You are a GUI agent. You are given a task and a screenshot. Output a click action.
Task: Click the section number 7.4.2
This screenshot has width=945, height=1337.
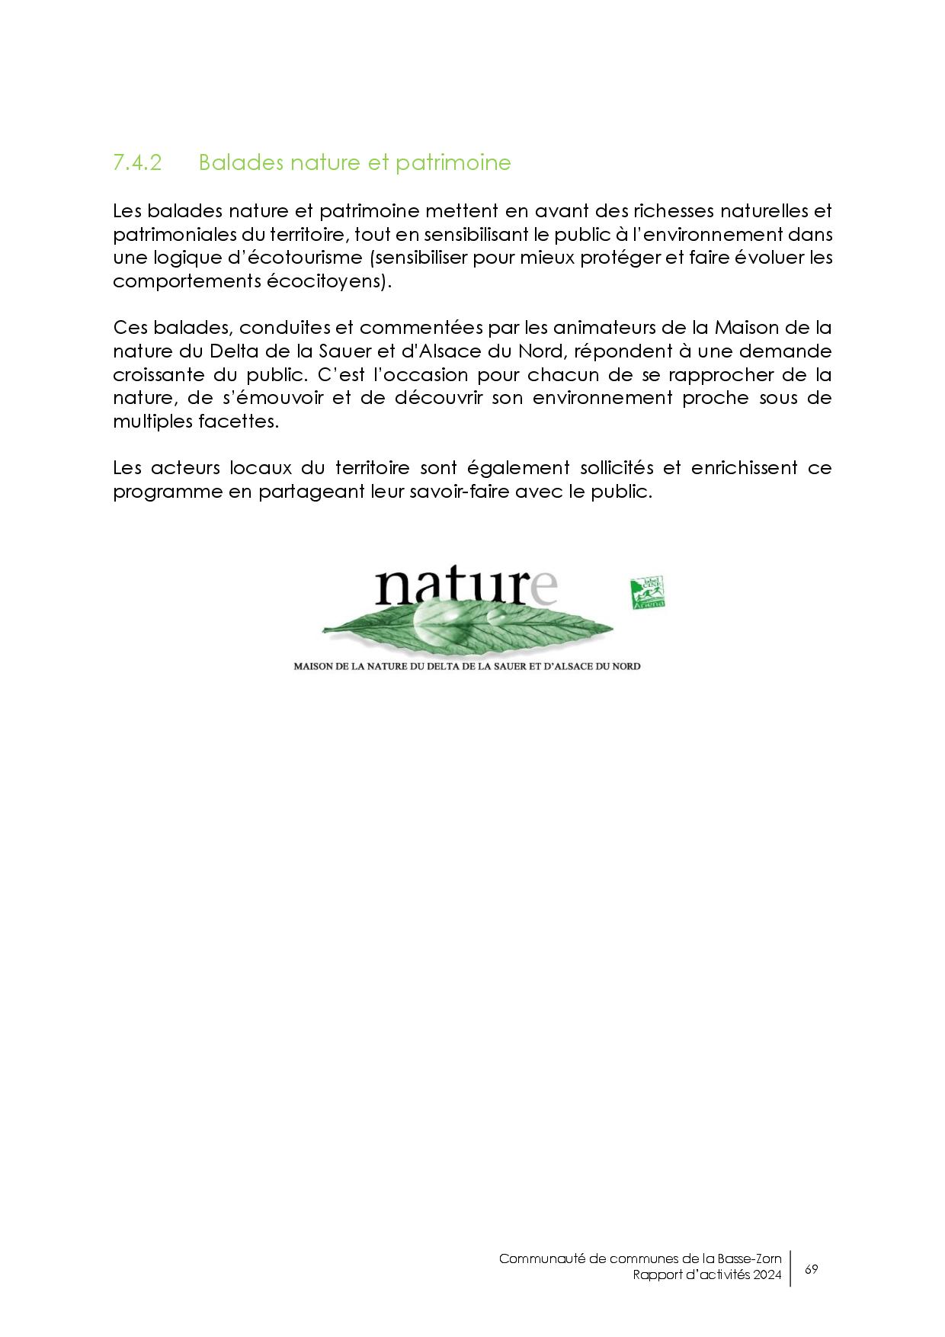coord(137,163)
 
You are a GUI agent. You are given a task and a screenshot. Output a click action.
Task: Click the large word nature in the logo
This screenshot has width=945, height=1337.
coord(466,587)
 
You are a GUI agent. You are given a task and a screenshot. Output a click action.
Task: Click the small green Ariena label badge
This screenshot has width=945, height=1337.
coord(647,592)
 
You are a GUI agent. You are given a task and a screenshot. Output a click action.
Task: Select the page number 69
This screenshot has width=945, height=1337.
coord(811,1269)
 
